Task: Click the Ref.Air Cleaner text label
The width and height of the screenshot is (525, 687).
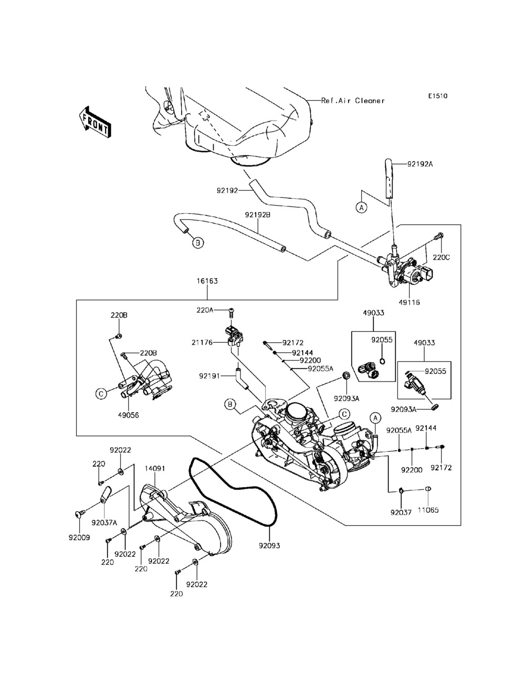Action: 353,100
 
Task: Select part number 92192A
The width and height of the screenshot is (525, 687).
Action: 420,164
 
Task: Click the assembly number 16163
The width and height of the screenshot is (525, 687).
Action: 207,281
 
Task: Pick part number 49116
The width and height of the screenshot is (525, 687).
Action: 409,302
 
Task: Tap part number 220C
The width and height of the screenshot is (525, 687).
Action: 441,258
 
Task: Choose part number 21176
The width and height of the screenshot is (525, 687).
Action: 202,342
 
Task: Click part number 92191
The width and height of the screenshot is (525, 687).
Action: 209,376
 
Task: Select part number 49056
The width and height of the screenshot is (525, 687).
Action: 128,414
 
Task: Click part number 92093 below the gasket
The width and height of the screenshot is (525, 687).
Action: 269,545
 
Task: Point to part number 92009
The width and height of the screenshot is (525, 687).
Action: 79,537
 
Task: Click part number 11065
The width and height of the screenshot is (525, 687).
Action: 428,510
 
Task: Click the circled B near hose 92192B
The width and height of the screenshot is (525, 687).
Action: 197,242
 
